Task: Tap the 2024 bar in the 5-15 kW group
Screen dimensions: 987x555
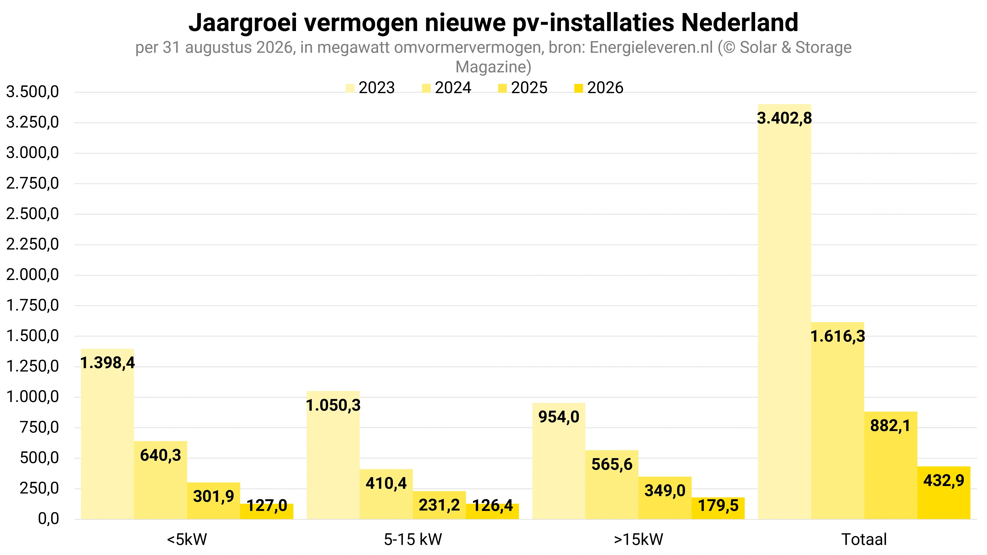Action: pyautogui.click(x=386, y=494)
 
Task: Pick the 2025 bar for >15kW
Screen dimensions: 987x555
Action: pyautogui.click(x=665, y=498)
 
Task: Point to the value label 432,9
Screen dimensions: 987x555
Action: pyautogui.click(x=944, y=480)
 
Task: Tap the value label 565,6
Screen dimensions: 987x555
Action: pyautogui.click(x=612, y=464)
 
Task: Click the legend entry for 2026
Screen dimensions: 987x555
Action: pyautogui.click(x=599, y=88)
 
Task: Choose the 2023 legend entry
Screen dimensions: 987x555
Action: pyautogui.click(x=370, y=88)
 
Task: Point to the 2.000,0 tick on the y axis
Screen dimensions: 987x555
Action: pyautogui.click(x=33, y=275)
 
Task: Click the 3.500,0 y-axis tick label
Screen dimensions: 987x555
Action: pyautogui.click(x=33, y=92)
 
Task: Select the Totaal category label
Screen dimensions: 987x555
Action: pyautogui.click(x=864, y=540)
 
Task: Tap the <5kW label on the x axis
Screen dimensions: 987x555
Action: pyautogui.click(x=187, y=540)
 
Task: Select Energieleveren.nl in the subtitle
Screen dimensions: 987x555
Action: pyautogui.click(x=651, y=47)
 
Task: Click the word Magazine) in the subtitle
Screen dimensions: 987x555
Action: pyautogui.click(x=493, y=67)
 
